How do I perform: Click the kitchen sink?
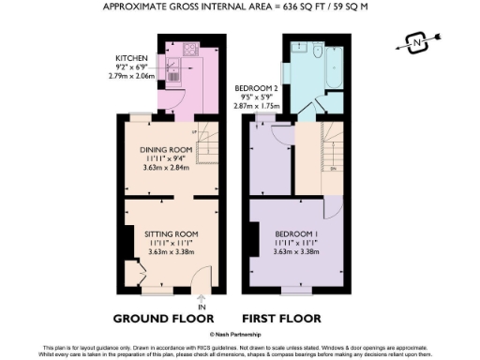pyautogui.click(x=175, y=67)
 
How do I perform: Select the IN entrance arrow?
pyautogui.click(x=201, y=300)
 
